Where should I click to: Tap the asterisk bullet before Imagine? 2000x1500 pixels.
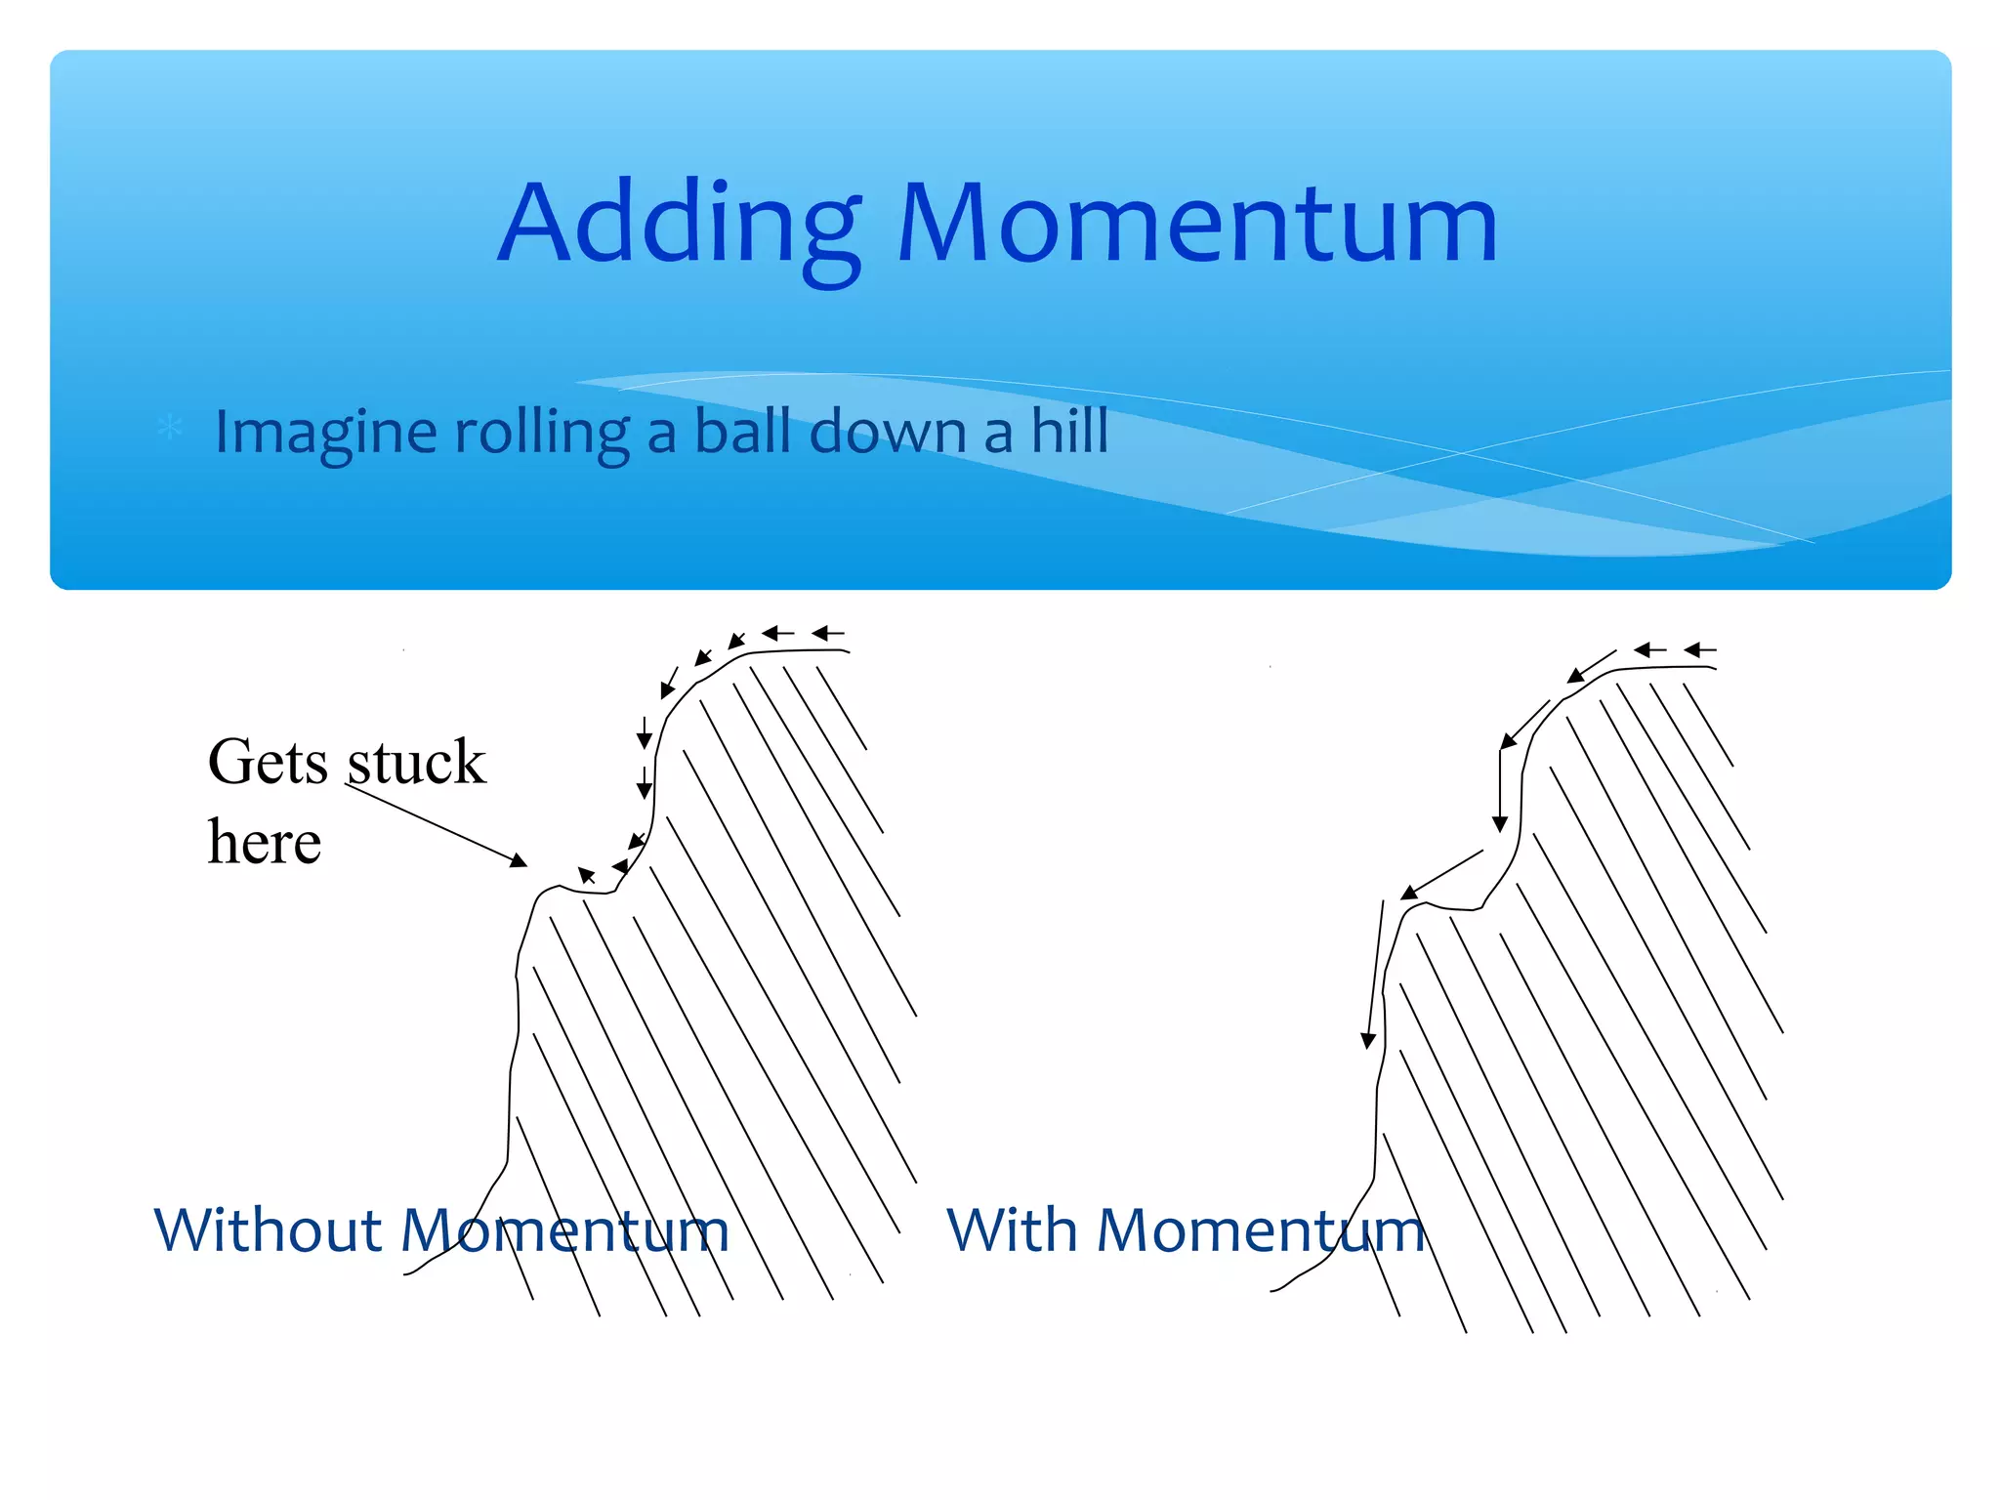click(x=170, y=428)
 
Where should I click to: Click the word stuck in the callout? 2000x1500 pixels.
click(x=416, y=763)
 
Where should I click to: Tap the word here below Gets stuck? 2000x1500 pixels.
click(x=265, y=842)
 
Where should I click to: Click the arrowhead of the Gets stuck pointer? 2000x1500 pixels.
click(x=519, y=860)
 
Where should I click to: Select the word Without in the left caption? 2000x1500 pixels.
click(x=268, y=1229)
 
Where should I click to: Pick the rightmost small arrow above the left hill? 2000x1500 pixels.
click(x=828, y=634)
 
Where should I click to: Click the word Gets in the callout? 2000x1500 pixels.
click(x=269, y=763)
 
